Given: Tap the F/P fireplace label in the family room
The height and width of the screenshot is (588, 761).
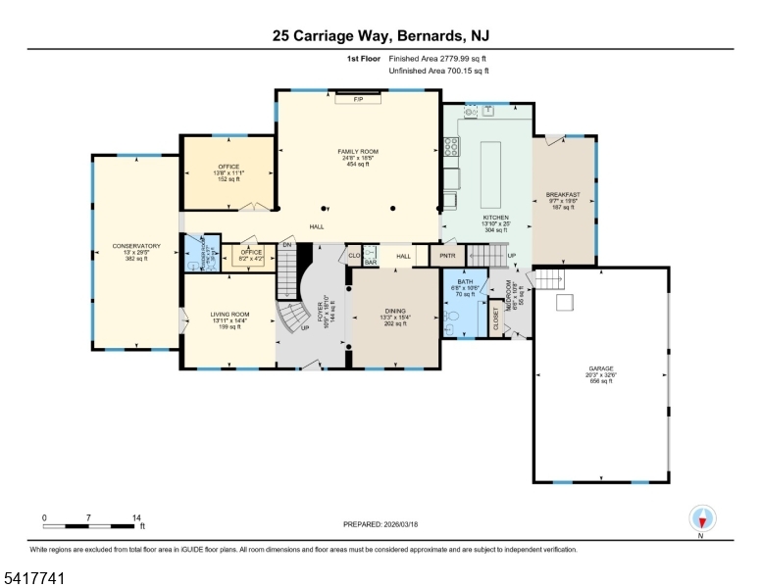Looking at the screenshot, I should point(358,100).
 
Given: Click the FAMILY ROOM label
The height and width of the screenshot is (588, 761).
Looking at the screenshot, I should point(358,152).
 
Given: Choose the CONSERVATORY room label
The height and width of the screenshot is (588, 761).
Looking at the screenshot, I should point(135,246).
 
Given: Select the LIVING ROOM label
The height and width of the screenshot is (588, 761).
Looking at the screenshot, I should point(229,316).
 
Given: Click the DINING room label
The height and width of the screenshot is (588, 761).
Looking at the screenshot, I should point(395,311).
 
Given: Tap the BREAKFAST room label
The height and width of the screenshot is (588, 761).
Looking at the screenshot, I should point(563,195).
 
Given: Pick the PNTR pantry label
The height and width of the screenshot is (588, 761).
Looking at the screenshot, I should point(447,256).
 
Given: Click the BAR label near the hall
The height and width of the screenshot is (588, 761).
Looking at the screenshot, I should point(371,262).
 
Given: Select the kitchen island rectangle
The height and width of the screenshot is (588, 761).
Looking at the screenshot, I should point(491,170).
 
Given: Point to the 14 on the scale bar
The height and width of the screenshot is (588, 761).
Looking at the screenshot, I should point(135,517).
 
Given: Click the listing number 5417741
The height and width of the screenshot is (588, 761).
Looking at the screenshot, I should point(33,579).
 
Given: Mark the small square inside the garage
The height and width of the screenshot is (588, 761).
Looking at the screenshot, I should point(565,304).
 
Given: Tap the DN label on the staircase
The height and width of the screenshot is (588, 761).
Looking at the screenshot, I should point(287,245).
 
